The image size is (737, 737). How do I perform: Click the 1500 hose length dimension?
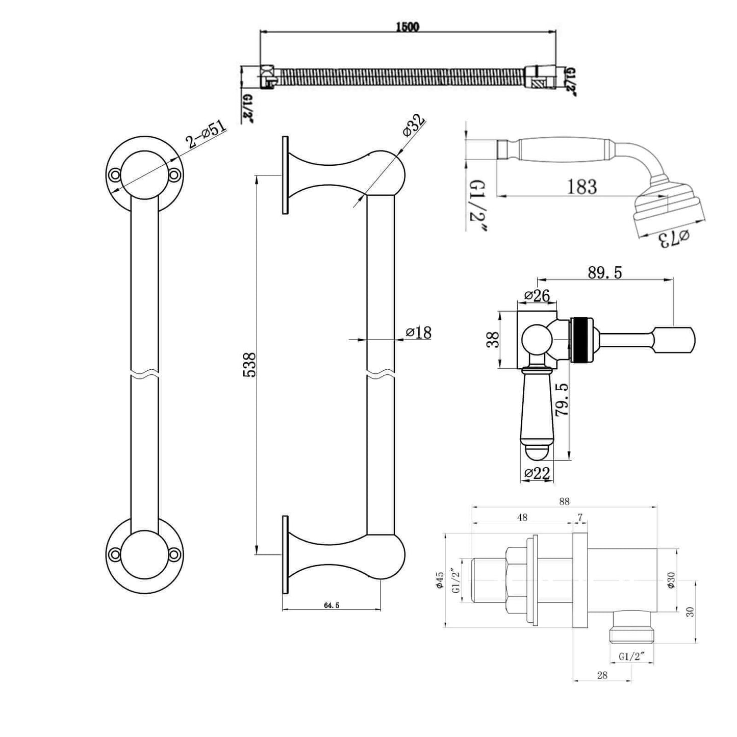tap(407, 27)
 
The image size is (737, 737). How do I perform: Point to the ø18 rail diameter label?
tap(419, 333)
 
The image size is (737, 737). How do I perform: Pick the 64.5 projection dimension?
tap(331, 605)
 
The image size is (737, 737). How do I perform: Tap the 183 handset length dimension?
tap(582, 187)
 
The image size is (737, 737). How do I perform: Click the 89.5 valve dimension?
tap(604, 273)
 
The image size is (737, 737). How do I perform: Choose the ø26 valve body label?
tap(537, 295)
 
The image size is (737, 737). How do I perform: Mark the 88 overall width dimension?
tap(564, 502)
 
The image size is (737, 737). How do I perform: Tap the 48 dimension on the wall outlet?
tap(522, 517)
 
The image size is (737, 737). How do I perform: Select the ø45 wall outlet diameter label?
tap(440, 581)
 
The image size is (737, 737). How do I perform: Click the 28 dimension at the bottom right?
tap(602, 675)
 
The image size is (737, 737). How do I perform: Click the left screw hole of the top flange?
tap(115, 175)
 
